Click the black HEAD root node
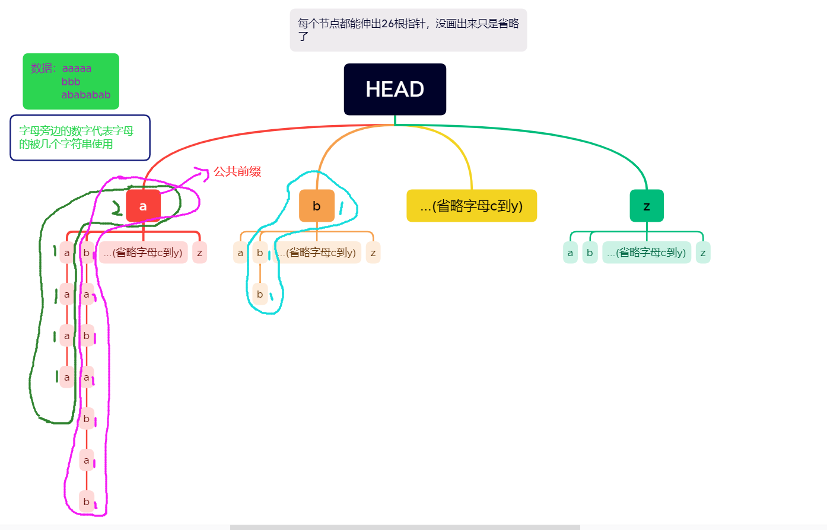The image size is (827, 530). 395,89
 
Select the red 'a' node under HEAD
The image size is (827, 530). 143,206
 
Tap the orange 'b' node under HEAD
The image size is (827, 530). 317,206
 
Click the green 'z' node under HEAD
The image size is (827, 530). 647,206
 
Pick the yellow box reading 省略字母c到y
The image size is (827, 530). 472,206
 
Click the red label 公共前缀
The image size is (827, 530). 237,171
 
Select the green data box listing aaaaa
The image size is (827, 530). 71,81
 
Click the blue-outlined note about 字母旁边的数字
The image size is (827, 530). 79,138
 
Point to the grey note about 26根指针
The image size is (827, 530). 408,30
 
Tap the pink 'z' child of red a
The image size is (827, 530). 199,253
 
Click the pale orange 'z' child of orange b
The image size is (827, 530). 373,253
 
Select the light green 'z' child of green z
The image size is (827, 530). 703,253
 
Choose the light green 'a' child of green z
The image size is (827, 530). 570,253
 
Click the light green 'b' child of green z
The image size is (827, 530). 590,253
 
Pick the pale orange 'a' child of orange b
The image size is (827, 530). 240,253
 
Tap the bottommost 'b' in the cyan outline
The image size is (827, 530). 260,294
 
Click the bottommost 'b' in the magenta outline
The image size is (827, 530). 87,502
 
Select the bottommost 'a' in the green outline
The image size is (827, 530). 67,377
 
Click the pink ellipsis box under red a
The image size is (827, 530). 143,253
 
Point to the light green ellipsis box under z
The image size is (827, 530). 647,253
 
